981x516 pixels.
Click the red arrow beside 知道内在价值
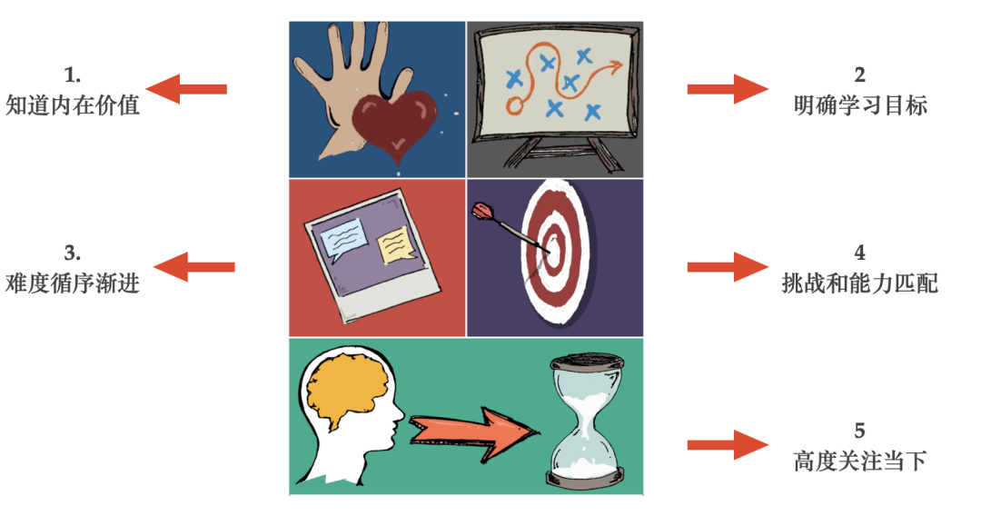[186, 89]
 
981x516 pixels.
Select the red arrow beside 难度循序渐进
[193, 267]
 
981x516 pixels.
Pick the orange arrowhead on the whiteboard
[618, 65]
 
